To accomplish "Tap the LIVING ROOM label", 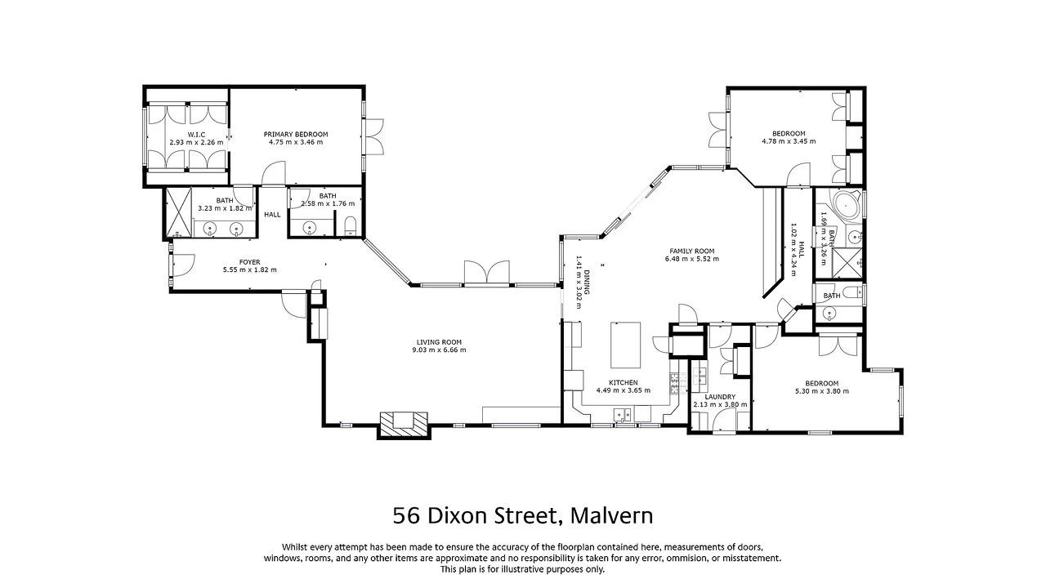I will coord(440,342).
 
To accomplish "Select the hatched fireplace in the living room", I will coord(404,422).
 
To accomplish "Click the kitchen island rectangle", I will coord(626,345).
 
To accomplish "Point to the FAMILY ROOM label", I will coord(691,251).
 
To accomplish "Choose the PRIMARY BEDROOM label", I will coord(295,134).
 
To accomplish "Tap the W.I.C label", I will coord(196,134).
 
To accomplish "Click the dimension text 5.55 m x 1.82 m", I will coord(249,270).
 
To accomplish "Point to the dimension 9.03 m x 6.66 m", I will coord(440,350).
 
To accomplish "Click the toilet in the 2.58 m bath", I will coord(350,225).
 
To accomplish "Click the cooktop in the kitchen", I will coord(675,381).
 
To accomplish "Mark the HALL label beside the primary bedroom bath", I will coord(272,215).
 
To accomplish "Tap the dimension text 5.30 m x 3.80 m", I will coord(821,391).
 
